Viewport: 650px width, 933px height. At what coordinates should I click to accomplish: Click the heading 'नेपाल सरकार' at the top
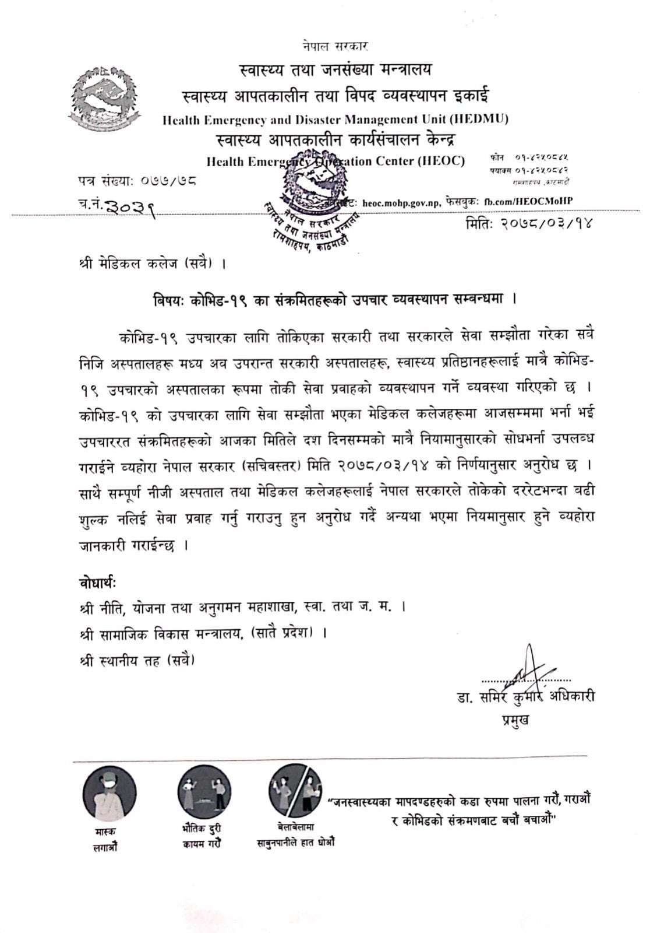335,45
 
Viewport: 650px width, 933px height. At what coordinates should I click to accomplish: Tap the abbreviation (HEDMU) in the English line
479,120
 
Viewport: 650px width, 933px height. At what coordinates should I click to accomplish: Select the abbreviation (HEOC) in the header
441,162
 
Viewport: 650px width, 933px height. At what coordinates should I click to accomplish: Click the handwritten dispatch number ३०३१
132,204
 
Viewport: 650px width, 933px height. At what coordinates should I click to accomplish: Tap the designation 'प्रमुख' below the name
515,721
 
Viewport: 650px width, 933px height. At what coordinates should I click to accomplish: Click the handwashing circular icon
295,791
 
